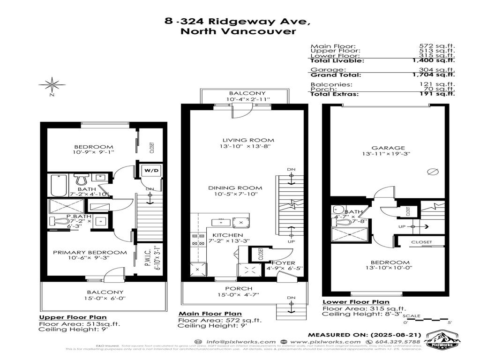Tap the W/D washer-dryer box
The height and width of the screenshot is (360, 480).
(x=150, y=170)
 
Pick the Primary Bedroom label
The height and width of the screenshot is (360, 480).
(x=90, y=252)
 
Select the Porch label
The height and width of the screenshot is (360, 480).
(x=239, y=288)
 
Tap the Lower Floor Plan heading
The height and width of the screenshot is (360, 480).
(x=356, y=302)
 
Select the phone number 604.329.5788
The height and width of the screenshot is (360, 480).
(x=404, y=342)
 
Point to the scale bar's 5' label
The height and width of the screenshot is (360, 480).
(x=450, y=322)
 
